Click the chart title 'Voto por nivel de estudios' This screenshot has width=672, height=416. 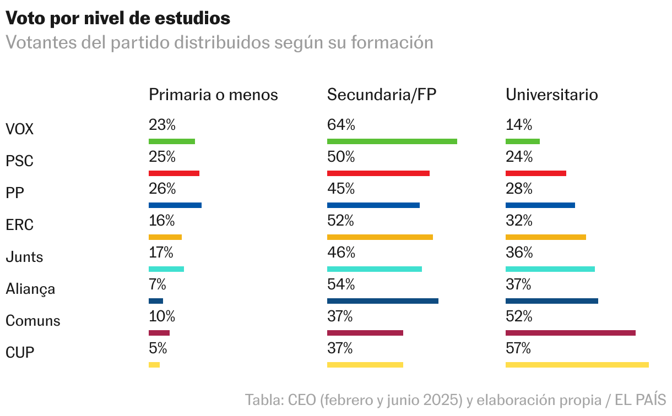pyautogui.click(x=118, y=18)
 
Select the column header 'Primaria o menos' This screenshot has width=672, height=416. pyautogui.click(x=213, y=95)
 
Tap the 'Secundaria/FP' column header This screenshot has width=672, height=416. pyautogui.click(x=381, y=95)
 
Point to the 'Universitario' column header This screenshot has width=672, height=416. pyautogui.click(x=551, y=95)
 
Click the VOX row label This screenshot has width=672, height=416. pyautogui.click(x=19, y=129)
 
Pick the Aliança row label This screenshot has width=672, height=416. pyautogui.click(x=30, y=288)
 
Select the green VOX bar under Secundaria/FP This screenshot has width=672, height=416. pyautogui.click(x=392, y=141)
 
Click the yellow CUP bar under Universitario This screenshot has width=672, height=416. pyautogui.click(x=577, y=364)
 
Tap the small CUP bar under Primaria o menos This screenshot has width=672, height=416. pyautogui.click(x=154, y=364)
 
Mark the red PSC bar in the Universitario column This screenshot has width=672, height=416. pyautogui.click(x=535, y=173)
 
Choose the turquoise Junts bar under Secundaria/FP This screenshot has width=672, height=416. pyautogui.click(x=374, y=269)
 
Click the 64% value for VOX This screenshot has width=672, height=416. pyautogui.click(x=340, y=125)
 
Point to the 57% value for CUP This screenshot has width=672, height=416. pyautogui.click(x=518, y=348)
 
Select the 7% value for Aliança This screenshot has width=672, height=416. pyautogui.click(x=157, y=284)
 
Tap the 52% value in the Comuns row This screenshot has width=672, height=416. pyautogui.click(x=518, y=316)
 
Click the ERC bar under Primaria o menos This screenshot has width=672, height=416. pyautogui.click(x=165, y=237)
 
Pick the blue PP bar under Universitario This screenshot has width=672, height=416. pyautogui.click(x=540, y=205)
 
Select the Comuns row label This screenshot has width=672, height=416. pyautogui.click(x=33, y=320)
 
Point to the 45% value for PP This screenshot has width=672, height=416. pyautogui.click(x=340, y=189)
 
